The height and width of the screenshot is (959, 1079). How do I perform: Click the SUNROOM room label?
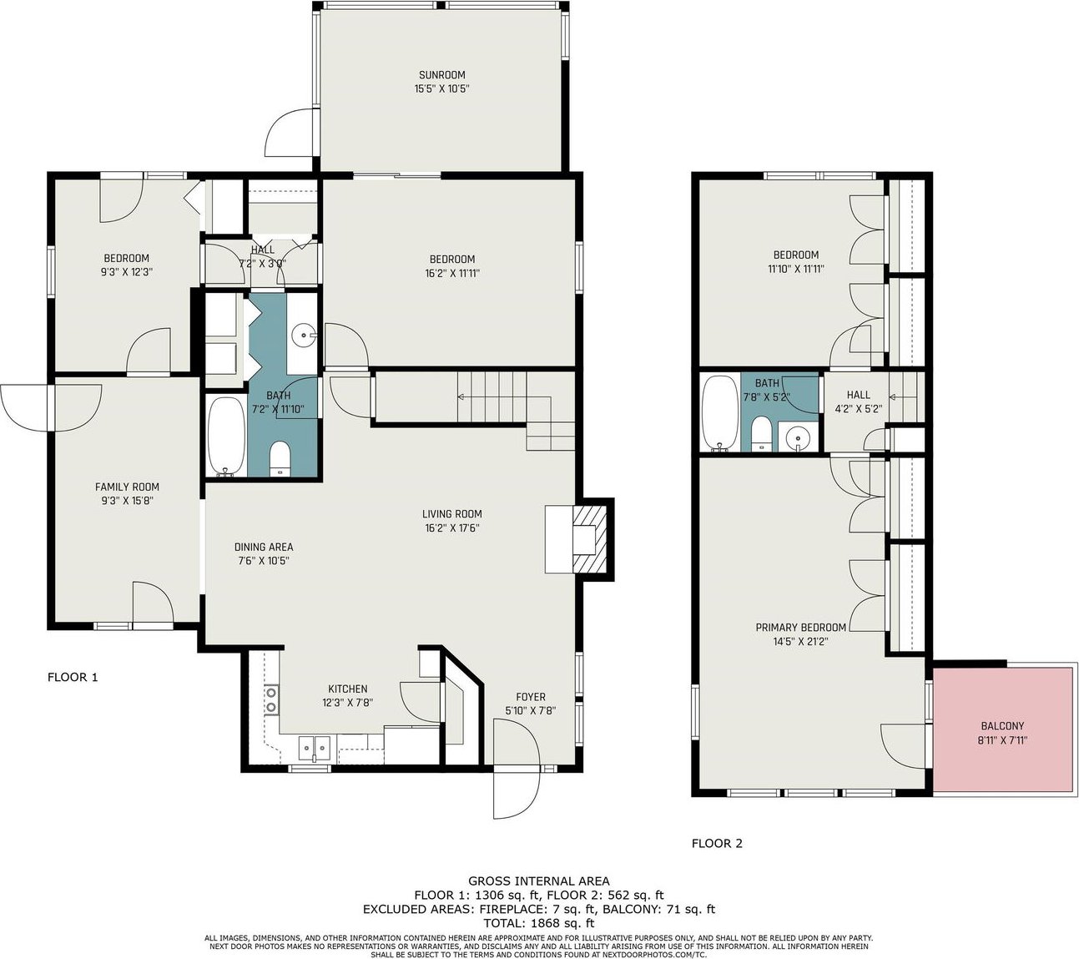pyautogui.click(x=441, y=75)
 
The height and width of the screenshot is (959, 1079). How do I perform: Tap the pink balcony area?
pyautogui.click(x=1002, y=730)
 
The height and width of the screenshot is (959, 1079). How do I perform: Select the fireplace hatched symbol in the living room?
pyautogui.click(x=589, y=538)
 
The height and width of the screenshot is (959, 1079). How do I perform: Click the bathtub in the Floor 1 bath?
pyautogui.click(x=226, y=437)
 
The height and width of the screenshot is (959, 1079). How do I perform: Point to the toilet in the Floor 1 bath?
pyautogui.click(x=279, y=459)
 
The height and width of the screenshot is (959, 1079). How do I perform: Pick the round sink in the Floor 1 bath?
pyautogui.click(x=304, y=336)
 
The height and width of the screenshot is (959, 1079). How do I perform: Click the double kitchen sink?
pyautogui.click(x=315, y=748)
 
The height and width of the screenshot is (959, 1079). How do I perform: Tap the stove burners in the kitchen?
pyautogui.click(x=271, y=699)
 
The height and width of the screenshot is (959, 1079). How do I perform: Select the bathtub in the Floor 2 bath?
pyautogui.click(x=720, y=413)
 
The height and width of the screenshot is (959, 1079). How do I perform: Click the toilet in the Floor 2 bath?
pyautogui.click(x=761, y=434)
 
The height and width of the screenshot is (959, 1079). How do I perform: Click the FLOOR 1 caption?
pyautogui.click(x=73, y=677)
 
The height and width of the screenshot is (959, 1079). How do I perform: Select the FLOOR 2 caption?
pyautogui.click(x=716, y=843)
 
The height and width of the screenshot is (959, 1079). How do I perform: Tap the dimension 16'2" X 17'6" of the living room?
pyautogui.click(x=451, y=528)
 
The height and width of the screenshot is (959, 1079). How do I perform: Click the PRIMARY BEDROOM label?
pyautogui.click(x=800, y=628)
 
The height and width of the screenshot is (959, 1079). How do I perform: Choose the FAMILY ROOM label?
pyautogui.click(x=127, y=487)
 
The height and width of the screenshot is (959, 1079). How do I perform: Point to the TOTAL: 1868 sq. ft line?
pyautogui.click(x=538, y=923)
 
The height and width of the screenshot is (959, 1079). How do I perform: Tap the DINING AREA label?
pyautogui.click(x=264, y=547)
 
